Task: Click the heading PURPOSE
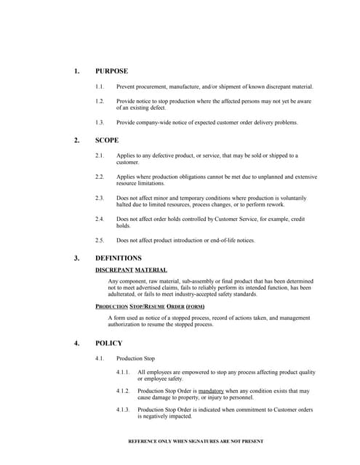click(111, 71)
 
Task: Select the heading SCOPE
click(107, 140)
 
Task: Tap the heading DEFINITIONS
click(119, 258)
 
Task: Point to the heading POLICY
click(109, 343)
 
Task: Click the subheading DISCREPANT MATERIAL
click(131, 270)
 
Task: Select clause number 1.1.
click(100, 87)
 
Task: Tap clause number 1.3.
click(100, 123)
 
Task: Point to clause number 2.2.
click(100, 177)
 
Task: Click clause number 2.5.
click(100, 240)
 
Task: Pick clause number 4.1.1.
click(123, 372)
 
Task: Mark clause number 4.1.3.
click(123, 410)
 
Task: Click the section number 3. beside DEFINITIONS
click(76, 258)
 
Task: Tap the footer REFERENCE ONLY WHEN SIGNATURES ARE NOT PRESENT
click(196, 441)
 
